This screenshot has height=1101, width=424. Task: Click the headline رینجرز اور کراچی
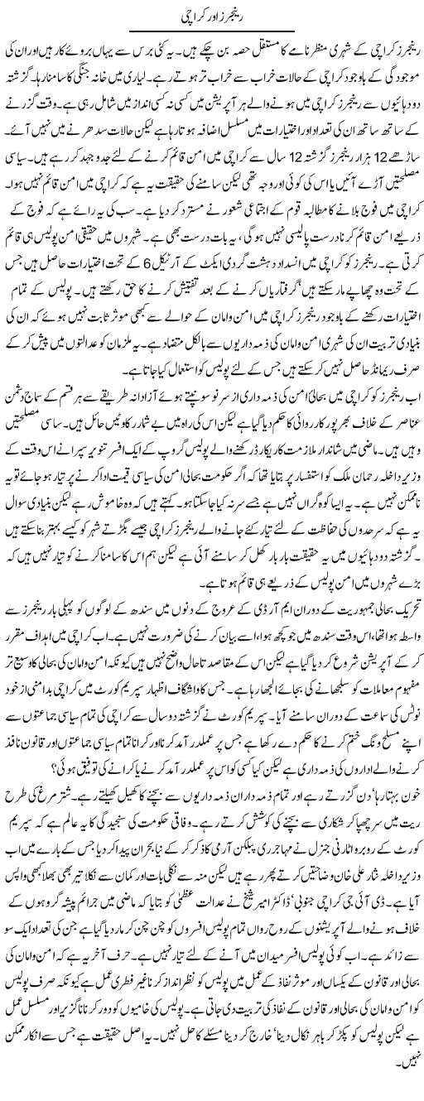click(x=211, y=15)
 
